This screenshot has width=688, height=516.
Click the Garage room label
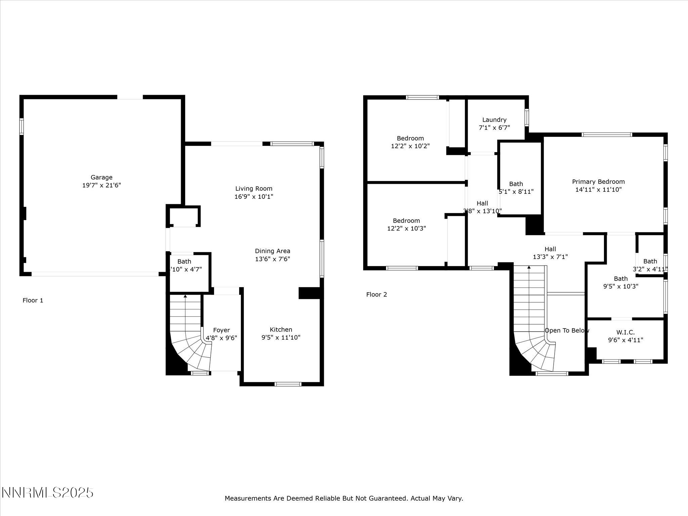click(x=101, y=177)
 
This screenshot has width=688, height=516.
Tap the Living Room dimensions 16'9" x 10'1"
click(x=254, y=197)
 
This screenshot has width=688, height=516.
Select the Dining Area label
click(x=272, y=251)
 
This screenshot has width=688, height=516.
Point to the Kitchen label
click(x=281, y=330)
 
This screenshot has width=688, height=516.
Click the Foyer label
click(x=221, y=330)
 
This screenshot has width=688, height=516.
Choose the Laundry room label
click(x=494, y=120)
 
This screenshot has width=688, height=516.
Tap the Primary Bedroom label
click(x=598, y=182)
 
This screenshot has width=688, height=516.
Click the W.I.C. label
click(x=626, y=332)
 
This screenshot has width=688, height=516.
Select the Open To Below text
click(x=567, y=331)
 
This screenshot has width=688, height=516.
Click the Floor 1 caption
click(x=33, y=300)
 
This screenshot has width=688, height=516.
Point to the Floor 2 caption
click(x=377, y=295)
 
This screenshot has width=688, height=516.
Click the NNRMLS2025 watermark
click(x=47, y=493)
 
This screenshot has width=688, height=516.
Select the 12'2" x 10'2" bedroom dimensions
click(x=410, y=146)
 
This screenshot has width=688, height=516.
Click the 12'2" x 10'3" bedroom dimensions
click(x=406, y=228)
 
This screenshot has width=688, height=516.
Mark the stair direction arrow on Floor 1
click(x=185, y=296)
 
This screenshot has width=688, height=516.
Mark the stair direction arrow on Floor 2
click(x=529, y=267)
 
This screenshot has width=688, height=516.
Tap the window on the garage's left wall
click(x=21, y=126)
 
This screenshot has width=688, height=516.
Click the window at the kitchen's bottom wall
click(x=288, y=384)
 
